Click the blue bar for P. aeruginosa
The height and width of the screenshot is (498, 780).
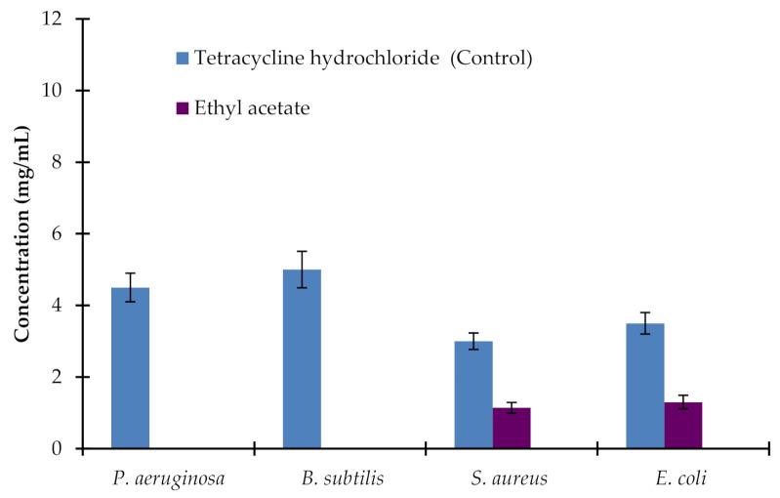click(x=131, y=368)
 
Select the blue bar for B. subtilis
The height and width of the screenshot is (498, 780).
click(x=302, y=359)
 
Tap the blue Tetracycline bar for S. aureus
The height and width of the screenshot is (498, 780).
click(x=473, y=394)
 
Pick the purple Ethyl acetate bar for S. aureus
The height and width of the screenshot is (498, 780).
click(x=512, y=428)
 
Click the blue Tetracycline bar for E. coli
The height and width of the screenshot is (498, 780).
click(x=645, y=386)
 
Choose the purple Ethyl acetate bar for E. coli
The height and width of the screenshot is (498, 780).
click(x=683, y=425)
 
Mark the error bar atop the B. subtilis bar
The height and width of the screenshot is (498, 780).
click(x=302, y=269)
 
